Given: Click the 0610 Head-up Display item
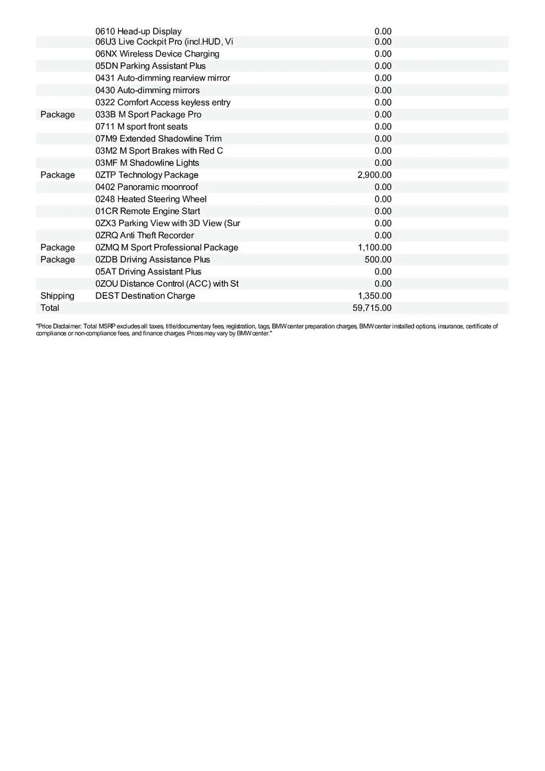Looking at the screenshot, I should pyautogui.click(x=138, y=31).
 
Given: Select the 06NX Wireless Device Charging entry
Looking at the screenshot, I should pyautogui.click(x=157, y=54).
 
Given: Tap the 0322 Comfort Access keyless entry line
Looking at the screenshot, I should pyautogui.click(x=163, y=102).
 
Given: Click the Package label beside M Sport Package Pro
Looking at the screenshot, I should pyautogui.click(x=57, y=114).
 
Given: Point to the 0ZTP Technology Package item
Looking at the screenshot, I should pyautogui.click(x=147, y=175).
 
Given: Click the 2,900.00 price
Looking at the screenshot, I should pyautogui.click(x=374, y=175).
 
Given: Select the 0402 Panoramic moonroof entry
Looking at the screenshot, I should pyautogui.click(x=147, y=187).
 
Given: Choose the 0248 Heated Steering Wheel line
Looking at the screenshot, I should pyautogui.click(x=150, y=199).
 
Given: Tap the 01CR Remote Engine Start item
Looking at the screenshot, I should pyautogui.click(x=147, y=211).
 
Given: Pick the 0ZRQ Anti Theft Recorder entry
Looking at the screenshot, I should pyautogui.click(x=144, y=235).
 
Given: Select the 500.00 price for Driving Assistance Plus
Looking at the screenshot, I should pyautogui.click(x=377, y=260).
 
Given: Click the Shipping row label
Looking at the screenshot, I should pyautogui.click(x=57, y=296).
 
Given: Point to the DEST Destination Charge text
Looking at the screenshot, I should pyautogui.click(x=145, y=296).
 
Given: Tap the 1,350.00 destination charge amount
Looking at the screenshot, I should pyautogui.click(x=374, y=296).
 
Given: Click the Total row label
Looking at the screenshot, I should pyautogui.click(x=49, y=308).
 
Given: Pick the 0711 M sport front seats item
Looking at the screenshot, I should pyautogui.click(x=141, y=127).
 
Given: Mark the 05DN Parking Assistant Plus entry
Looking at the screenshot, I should pyautogui.click(x=150, y=66).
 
